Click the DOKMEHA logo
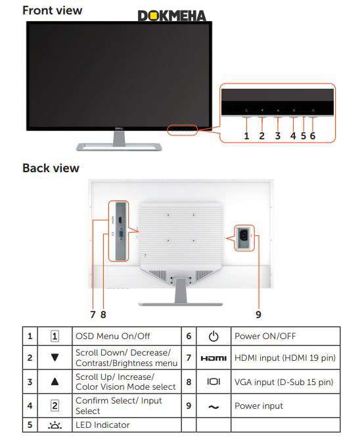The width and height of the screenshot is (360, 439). [172, 16]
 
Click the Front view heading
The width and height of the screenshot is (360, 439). [53, 11]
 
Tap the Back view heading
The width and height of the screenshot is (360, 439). [51, 168]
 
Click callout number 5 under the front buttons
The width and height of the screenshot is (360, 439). [304, 136]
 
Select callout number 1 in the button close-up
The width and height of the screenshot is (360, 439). [246, 136]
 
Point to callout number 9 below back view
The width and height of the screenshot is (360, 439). [258, 314]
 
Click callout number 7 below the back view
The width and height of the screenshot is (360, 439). [93, 314]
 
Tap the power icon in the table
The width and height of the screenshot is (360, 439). [214, 336]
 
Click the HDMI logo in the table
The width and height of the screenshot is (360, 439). [214, 358]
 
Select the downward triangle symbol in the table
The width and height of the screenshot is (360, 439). [55, 358]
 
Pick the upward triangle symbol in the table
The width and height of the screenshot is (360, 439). [55, 381]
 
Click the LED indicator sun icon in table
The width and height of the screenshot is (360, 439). [55, 425]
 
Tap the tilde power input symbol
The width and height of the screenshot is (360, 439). [214, 407]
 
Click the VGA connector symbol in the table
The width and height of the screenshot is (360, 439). [214, 382]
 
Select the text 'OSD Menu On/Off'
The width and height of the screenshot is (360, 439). [113, 336]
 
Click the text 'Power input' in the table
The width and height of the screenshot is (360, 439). [259, 406]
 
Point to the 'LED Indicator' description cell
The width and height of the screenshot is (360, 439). [127, 425]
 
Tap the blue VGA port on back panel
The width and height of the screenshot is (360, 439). [122, 235]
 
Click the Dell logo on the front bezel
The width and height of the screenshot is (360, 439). [120, 129]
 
